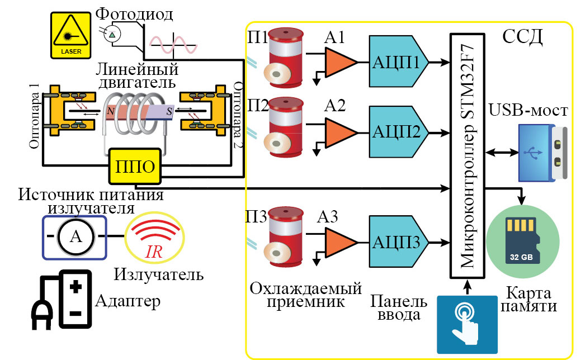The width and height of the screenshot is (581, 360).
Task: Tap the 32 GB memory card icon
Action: coord(522,241)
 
